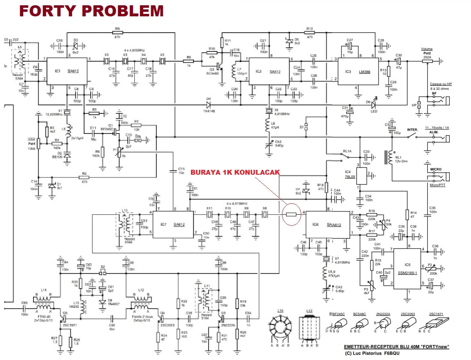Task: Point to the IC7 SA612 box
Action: pyautogui.click(x=173, y=224)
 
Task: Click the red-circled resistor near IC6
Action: pyautogui.click(x=291, y=213)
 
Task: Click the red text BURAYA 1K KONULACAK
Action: pyautogui.click(x=235, y=172)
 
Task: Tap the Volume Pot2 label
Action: pyautogui.click(x=427, y=52)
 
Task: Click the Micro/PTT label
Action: pyautogui.click(x=435, y=186)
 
